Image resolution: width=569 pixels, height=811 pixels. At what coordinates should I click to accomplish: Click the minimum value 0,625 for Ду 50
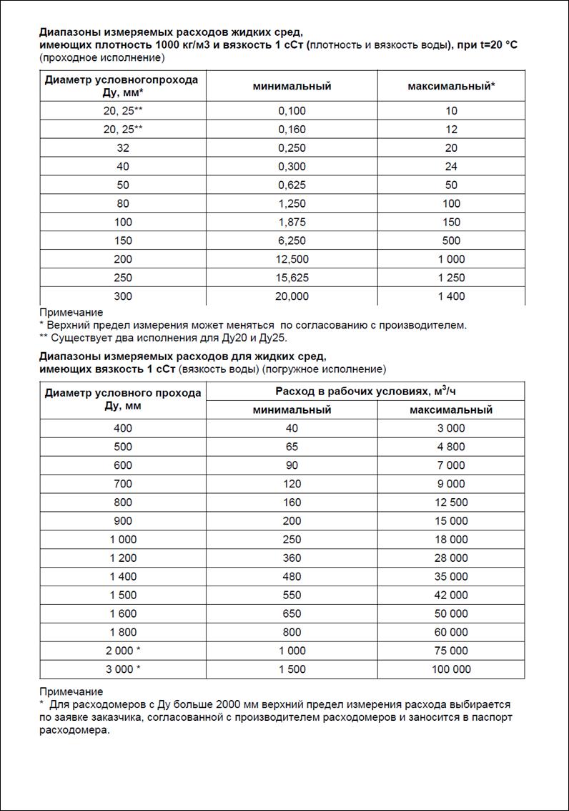coord(292,185)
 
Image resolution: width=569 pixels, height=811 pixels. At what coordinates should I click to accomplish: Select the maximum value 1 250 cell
coord(451,277)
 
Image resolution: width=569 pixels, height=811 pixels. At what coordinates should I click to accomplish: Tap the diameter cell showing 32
coord(123,147)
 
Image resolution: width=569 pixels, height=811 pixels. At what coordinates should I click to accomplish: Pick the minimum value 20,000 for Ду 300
coord(292,296)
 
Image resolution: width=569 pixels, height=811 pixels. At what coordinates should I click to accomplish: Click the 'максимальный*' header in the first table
coord(451,86)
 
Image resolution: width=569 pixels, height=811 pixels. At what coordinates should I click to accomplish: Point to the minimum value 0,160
coord(292,129)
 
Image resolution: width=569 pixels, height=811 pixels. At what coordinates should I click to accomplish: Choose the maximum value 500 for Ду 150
coord(451,241)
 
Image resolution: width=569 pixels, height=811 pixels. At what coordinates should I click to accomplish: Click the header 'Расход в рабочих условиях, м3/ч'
coord(365,391)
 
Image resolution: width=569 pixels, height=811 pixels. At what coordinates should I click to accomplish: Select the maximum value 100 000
coord(451,669)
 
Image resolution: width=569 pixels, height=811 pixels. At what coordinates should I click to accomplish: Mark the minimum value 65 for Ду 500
coord(292,447)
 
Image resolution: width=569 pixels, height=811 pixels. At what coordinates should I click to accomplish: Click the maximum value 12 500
coord(451,502)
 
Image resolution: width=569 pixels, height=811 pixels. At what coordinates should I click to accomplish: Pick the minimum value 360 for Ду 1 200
coord(292,558)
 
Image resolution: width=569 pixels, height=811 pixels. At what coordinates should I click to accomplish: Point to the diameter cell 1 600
coord(123,613)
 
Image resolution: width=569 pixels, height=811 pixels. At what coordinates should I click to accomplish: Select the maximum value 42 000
coord(451,595)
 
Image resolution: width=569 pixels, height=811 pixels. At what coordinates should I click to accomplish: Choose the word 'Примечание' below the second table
coord(71,691)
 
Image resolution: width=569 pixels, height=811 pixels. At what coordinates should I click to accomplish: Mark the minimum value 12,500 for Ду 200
coord(292,258)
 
